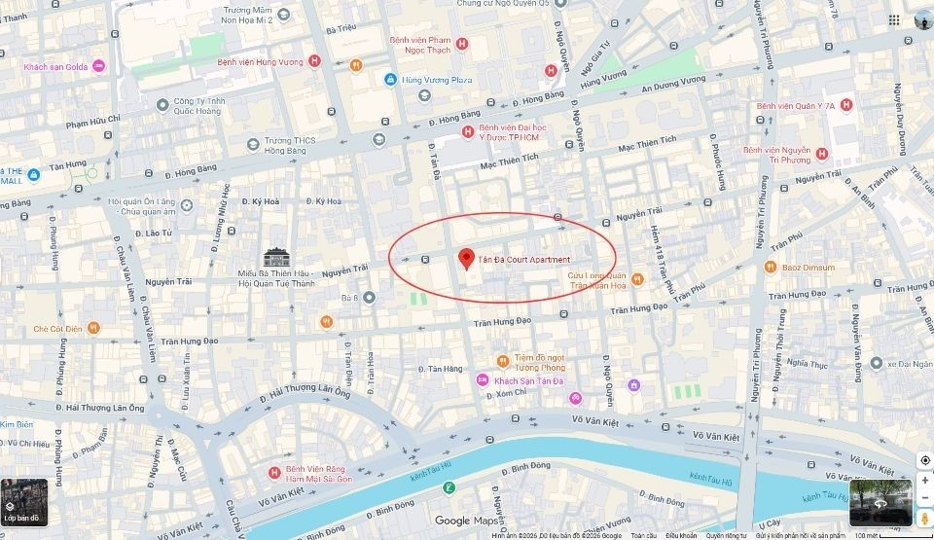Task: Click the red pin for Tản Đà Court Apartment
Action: click(x=466, y=257)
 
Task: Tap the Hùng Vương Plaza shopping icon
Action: click(x=390, y=79)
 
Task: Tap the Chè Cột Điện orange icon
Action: click(x=93, y=329)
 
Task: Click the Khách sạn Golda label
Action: click(x=55, y=66)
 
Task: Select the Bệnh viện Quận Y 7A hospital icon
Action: click(x=845, y=105)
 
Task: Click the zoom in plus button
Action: click(x=924, y=480)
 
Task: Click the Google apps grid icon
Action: click(x=893, y=19)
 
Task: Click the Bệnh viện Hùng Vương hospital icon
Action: click(x=314, y=60)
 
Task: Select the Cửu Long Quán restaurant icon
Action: click(x=636, y=279)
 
